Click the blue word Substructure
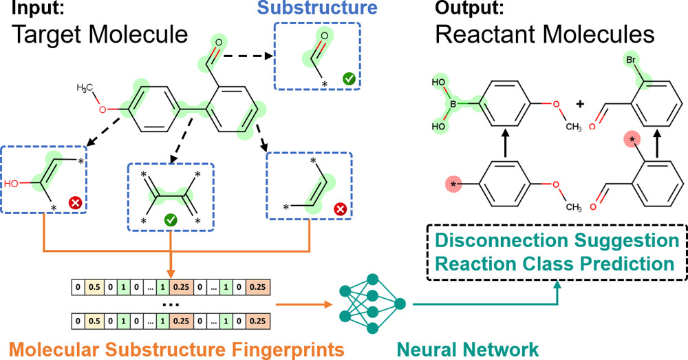(x=318, y=10)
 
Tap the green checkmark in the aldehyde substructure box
(x=349, y=80)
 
